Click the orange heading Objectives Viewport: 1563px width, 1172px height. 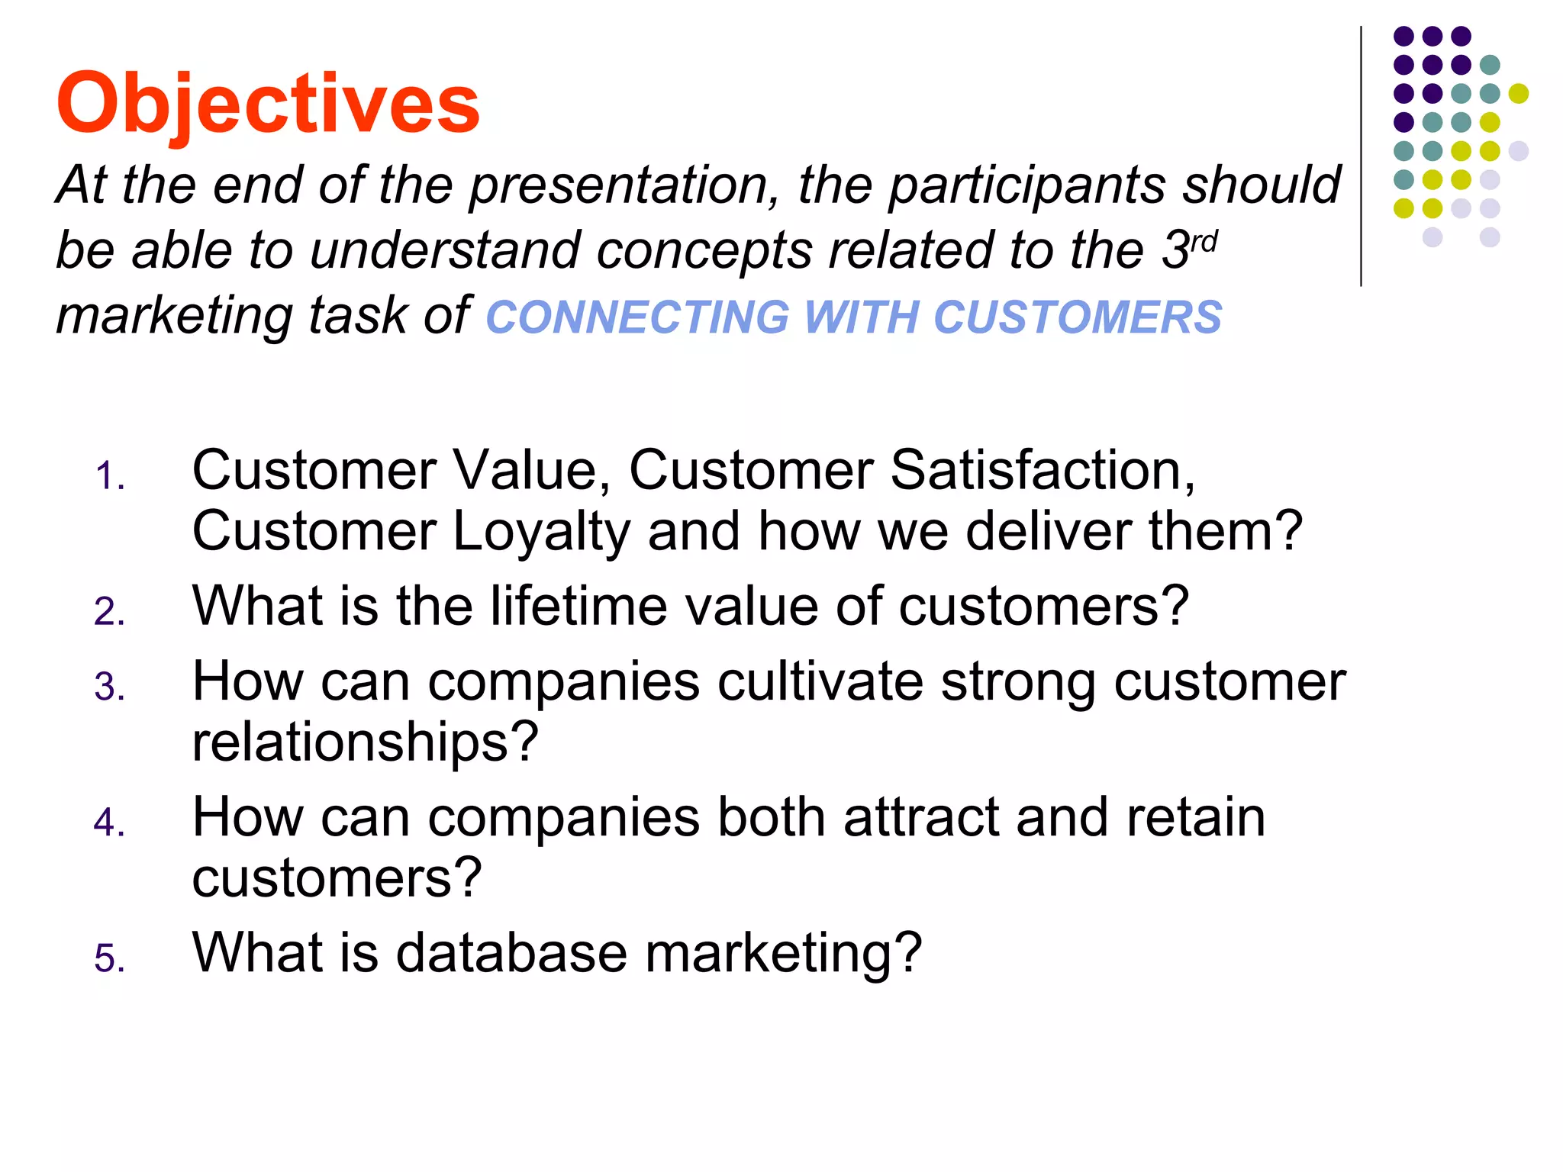point(267,103)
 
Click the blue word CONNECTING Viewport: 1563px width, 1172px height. point(637,317)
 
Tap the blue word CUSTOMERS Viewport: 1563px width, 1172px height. point(1077,317)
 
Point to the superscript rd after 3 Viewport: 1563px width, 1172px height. point(1204,242)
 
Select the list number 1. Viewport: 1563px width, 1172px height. point(109,477)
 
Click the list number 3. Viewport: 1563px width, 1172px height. point(109,687)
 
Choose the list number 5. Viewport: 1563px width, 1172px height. point(109,959)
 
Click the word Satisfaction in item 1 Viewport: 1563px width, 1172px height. point(1042,470)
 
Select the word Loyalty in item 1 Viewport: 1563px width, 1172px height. point(541,532)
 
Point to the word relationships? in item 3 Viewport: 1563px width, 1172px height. point(365,742)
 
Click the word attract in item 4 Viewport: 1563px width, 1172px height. point(920,817)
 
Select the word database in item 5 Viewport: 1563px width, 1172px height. point(511,953)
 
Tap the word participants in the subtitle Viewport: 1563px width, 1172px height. point(1027,186)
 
